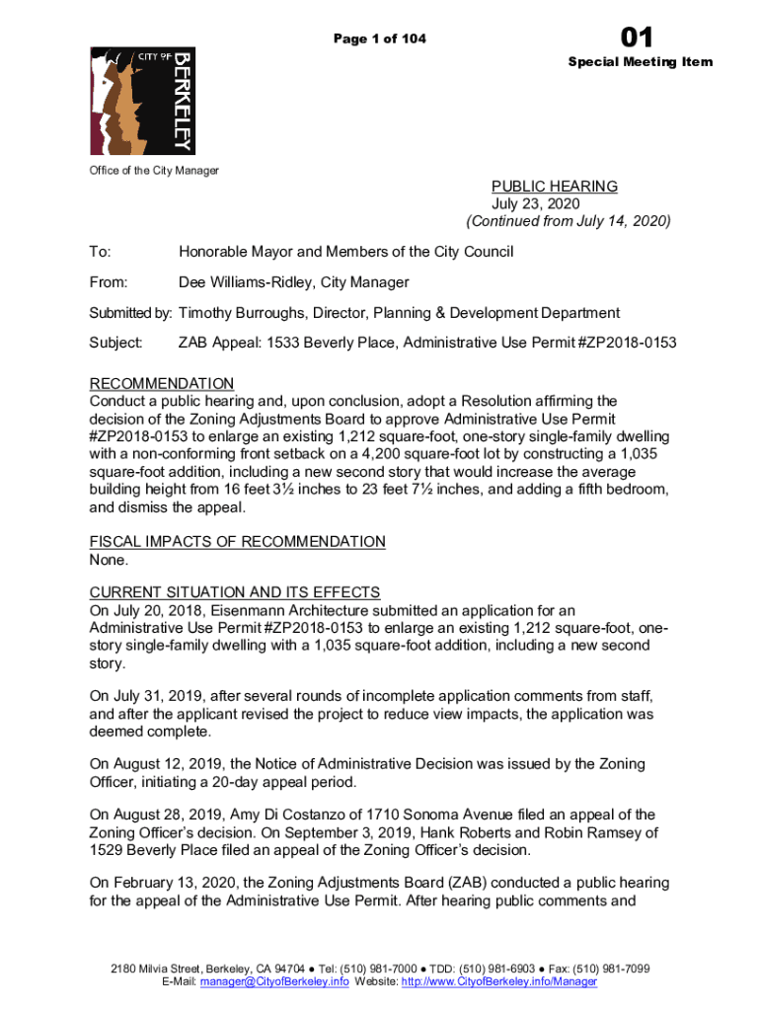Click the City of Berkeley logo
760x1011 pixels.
coord(140,100)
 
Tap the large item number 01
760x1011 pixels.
coord(637,38)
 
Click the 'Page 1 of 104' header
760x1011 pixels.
coord(380,39)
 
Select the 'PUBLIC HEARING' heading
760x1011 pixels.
coord(555,187)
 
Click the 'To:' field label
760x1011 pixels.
coord(101,252)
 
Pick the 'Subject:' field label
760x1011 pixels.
coord(116,343)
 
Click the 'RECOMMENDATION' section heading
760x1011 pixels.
coord(162,383)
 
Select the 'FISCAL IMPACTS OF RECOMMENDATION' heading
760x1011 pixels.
coord(237,541)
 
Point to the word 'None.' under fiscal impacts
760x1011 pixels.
coord(109,560)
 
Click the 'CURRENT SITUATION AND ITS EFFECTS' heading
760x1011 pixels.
coord(235,592)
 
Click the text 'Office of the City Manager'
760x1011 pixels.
coord(154,171)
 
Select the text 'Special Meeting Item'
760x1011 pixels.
coord(640,62)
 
